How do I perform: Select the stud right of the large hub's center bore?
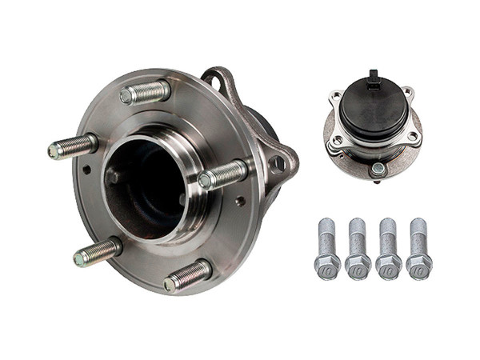point(224,174)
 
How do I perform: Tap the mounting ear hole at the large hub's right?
point(278,163)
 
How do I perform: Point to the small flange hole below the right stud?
point(238,202)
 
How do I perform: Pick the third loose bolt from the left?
point(389,244)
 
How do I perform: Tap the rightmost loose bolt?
point(418,244)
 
